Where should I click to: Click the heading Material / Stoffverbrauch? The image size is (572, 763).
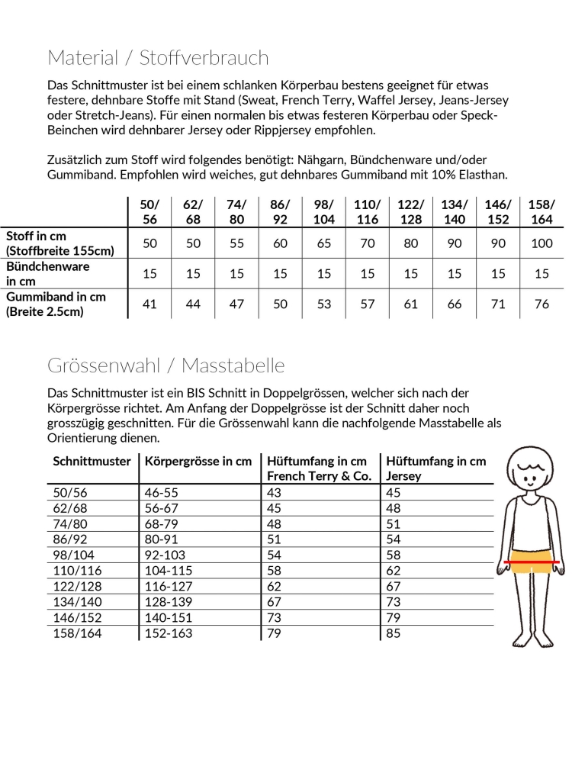(158, 58)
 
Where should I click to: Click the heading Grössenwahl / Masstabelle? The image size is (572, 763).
(165, 365)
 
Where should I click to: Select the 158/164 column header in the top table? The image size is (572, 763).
(541, 211)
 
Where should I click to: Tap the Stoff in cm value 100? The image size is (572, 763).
(541, 243)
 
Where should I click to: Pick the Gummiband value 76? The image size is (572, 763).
(541, 304)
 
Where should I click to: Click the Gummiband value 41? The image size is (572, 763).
(150, 304)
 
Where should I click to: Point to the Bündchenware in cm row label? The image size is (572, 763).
(48, 273)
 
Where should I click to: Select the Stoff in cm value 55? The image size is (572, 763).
(237, 243)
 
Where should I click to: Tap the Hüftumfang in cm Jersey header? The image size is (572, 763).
(436, 468)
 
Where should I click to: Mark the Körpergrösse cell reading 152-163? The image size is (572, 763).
(169, 633)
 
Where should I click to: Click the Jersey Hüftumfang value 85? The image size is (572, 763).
(394, 633)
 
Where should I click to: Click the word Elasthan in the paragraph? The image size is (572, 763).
(481, 175)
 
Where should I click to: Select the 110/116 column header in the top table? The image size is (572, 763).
(368, 211)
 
